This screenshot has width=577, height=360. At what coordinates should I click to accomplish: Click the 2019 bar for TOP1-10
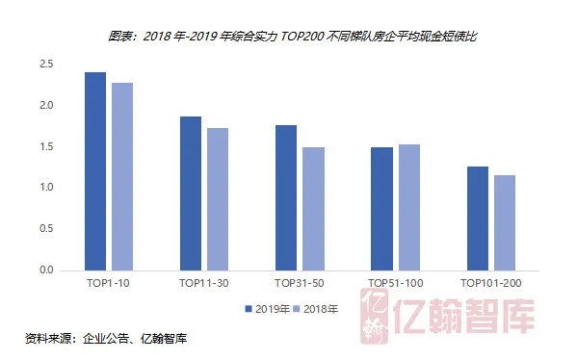point(95,171)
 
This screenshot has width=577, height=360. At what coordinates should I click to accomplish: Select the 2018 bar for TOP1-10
point(122,177)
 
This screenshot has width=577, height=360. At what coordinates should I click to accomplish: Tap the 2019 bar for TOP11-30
point(191,193)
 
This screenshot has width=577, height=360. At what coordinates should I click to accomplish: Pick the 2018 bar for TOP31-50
point(313,209)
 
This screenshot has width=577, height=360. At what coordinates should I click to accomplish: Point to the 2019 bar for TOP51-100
point(381,209)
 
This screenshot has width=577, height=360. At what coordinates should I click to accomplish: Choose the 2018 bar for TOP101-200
point(505,223)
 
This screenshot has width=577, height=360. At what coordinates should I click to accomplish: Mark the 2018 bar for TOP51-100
point(409,207)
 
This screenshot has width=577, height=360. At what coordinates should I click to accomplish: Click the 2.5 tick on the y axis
point(46,64)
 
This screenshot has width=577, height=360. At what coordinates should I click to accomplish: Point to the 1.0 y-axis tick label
point(46,187)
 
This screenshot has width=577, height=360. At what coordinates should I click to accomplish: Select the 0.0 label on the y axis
point(46,270)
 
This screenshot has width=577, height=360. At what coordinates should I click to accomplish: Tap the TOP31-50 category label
point(300,283)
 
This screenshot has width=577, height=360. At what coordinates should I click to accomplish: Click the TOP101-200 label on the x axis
point(491,283)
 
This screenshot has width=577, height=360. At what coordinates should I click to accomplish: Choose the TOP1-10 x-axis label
point(108,283)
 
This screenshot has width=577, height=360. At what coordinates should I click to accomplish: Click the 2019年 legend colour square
point(249,309)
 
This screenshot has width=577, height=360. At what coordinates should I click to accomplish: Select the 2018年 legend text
point(321,309)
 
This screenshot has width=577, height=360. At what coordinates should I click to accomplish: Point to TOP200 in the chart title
point(302,37)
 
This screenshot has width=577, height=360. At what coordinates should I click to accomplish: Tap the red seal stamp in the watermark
point(375,317)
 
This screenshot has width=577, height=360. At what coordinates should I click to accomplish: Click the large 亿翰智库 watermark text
point(463,317)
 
